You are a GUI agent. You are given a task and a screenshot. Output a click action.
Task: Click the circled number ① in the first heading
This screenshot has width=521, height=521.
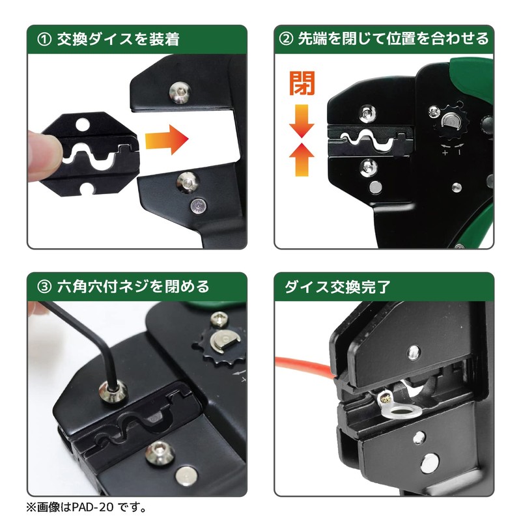pos(43,39)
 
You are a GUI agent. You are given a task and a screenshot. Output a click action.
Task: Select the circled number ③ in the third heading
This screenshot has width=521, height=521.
pos(43,286)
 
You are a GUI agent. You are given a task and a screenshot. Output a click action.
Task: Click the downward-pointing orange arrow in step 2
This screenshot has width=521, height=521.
pos(302,121)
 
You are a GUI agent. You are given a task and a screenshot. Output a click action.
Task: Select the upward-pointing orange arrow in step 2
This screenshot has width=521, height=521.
pos(302,160)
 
